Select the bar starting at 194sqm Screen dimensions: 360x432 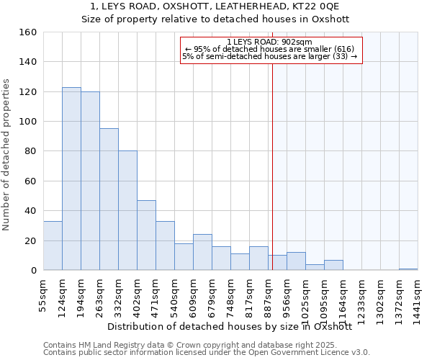click(x=90, y=181)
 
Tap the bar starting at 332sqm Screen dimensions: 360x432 click(x=127, y=210)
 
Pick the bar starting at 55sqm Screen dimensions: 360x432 click(x=53, y=246)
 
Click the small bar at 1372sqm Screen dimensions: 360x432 click(x=408, y=269)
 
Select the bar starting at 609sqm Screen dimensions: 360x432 click(x=202, y=252)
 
